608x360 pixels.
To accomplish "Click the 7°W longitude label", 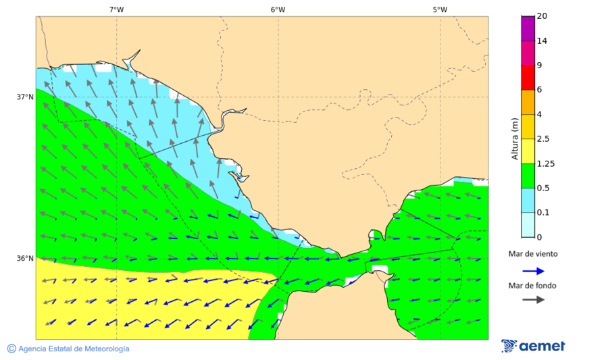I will (x=116, y=9).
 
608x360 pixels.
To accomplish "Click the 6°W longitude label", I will (x=278, y=9).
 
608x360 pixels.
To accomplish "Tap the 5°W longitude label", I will (x=440, y=9).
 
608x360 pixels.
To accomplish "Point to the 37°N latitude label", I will (x=25, y=97).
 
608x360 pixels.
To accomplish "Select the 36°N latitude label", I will (x=25, y=258).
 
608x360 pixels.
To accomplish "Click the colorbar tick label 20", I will (x=541, y=16).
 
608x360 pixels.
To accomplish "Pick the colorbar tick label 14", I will (x=541, y=41).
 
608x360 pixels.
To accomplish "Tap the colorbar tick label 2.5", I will (x=543, y=139).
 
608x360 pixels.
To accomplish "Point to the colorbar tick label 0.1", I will (x=543, y=213).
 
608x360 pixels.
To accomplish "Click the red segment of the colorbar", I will (x=528, y=78).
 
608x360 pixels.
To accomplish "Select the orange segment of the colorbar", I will (x=528, y=102).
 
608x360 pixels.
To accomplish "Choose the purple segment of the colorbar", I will (x=528, y=28).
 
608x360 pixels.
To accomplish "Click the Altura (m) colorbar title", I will (x=515, y=138).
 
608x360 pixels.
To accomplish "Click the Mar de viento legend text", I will (x=533, y=254).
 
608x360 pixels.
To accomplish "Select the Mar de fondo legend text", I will (x=533, y=285).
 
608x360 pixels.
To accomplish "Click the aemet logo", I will (x=533, y=346).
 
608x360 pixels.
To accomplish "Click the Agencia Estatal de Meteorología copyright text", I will (x=68, y=349).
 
